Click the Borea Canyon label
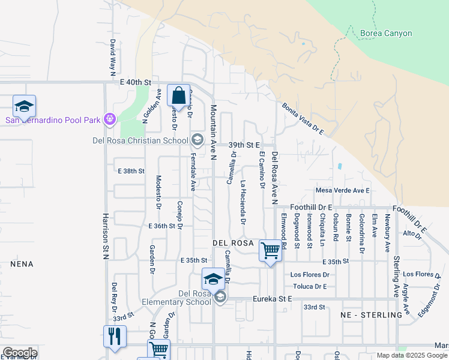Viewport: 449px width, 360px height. click(386, 34)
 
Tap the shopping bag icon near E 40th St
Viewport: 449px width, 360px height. click(178, 95)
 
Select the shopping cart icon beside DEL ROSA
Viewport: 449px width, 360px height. click(270, 250)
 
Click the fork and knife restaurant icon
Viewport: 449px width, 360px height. click(115, 337)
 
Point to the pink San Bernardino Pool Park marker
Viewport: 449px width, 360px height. click(109, 119)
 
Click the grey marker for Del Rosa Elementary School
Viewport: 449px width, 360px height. click(220, 297)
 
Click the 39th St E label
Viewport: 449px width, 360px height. click(244, 145)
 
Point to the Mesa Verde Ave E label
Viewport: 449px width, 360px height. click(342, 191)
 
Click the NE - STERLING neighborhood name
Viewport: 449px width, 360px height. click(371, 315)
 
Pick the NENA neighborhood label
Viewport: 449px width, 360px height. click(22, 264)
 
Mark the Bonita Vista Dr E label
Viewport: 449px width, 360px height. click(303, 119)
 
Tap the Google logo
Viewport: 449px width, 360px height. click(20, 353)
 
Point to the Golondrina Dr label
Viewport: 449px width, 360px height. click(361, 230)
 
